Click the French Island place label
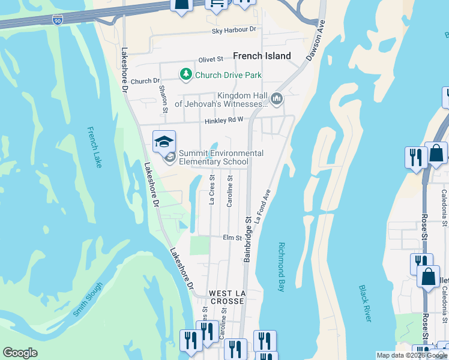[x=262, y=56]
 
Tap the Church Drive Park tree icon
[x=186, y=74]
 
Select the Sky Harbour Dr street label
[x=234, y=29]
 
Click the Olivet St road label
[x=211, y=59]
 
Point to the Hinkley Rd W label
[x=223, y=120]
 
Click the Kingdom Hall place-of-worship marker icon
[x=276, y=98]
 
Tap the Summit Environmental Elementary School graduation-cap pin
[x=164, y=142]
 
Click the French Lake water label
[x=95, y=147]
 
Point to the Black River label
[x=365, y=303]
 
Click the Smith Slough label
[x=88, y=299]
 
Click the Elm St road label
[x=232, y=238]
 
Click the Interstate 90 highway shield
[x=58, y=20]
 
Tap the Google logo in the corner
[x=20, y=353]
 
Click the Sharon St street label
[x=163, y=98]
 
